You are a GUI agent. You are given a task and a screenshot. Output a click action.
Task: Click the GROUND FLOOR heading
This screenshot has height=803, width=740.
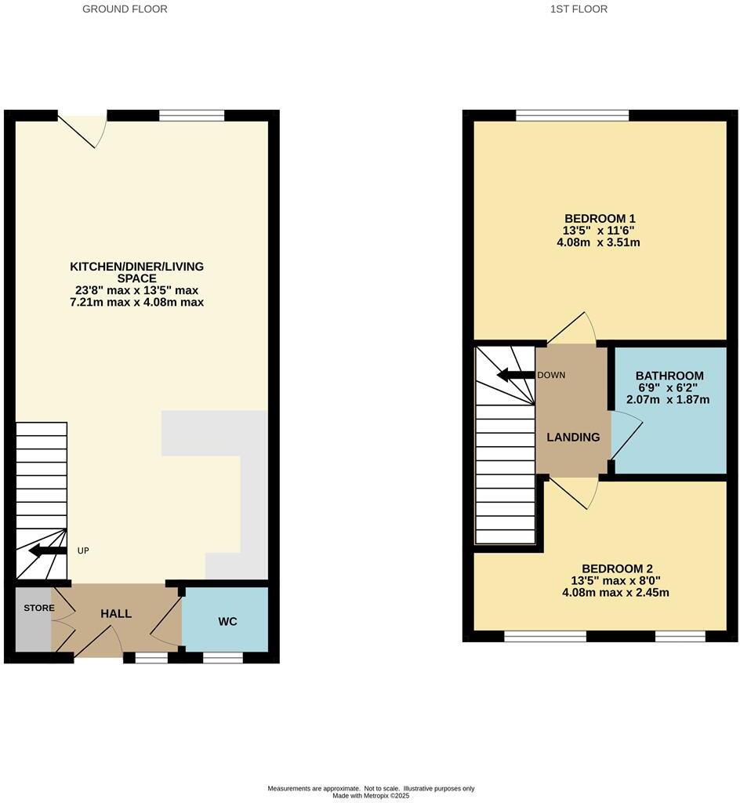click(x=125, y=9)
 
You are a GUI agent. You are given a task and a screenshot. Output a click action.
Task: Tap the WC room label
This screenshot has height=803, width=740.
click(x=227, y=622)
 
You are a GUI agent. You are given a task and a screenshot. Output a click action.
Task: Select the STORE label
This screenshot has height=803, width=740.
click(x=38, y=608)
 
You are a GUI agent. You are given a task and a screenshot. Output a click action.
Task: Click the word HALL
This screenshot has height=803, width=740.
click(x=116, y=614)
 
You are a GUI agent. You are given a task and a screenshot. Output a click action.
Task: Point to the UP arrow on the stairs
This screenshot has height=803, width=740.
click(x=48, y=550)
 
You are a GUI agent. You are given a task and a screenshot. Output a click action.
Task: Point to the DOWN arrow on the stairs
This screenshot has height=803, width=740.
click(x=516, y=375)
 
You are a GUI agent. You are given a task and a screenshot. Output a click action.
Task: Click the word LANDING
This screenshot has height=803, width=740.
click(x=573, y=438)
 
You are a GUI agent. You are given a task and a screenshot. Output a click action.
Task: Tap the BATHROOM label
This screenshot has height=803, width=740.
click(x=669, y=376)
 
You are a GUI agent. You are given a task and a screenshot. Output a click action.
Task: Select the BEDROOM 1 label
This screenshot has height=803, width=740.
click(x=600, y=218)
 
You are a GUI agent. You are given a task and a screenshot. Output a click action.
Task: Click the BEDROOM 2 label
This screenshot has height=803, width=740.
click(x=617, y=569)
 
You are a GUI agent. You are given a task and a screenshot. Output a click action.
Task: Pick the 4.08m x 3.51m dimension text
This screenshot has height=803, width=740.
click(x=600, y=242)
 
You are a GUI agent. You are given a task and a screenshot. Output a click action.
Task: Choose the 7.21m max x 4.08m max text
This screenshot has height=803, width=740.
click(x=136, y=302)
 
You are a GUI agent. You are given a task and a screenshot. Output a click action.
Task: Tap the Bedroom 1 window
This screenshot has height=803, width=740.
click(x=572, y=116)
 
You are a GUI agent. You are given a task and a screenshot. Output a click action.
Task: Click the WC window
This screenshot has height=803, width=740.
click(x=223, y=658)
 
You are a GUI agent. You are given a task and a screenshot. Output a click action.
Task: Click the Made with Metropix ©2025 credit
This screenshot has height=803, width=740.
click(x=371, y=795)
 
